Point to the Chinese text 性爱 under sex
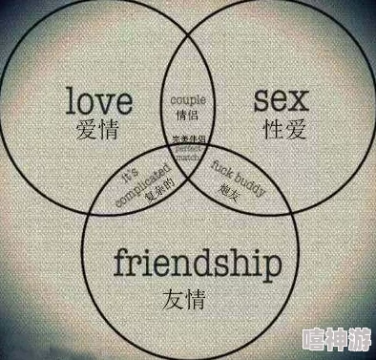[280, 128]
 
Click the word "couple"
[187, 98]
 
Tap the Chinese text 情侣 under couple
[187, 115]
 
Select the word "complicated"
[136, 185]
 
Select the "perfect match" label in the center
[187, 151]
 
